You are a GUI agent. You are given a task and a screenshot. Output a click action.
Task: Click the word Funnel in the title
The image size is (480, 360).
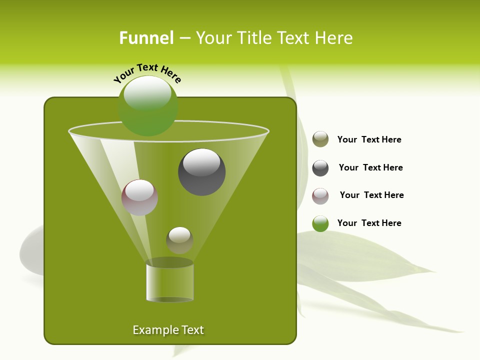click(146, 38)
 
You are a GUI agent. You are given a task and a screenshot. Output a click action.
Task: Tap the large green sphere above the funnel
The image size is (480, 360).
click(148, 105)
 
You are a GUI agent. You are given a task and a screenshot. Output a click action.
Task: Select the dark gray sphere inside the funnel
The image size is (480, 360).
click(201, 172)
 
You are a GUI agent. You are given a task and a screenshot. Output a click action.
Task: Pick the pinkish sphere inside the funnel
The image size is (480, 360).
click(140, 197)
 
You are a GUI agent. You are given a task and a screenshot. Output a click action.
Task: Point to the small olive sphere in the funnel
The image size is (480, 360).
click(179, 240)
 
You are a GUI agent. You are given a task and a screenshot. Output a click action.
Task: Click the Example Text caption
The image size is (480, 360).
click(168, 330)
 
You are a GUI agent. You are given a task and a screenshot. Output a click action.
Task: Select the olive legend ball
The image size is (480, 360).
click(320, 139)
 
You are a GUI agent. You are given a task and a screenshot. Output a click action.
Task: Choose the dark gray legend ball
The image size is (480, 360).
click(320, 168)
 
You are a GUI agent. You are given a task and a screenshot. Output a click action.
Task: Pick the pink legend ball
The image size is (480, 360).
click(320, 196)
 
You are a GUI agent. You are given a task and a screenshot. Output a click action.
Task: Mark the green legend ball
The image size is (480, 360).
click(320, 223)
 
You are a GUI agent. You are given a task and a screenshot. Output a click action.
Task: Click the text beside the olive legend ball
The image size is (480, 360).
click(369, 139)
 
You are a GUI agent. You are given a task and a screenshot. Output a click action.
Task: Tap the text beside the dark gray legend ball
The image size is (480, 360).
click(370, 167)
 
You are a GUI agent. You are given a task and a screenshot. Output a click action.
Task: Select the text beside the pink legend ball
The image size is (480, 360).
click(371, 195)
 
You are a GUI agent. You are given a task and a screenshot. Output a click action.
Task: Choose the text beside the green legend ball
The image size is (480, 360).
click(369, 223)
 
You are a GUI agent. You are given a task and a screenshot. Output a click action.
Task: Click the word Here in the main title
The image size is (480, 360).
click(334, 38)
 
